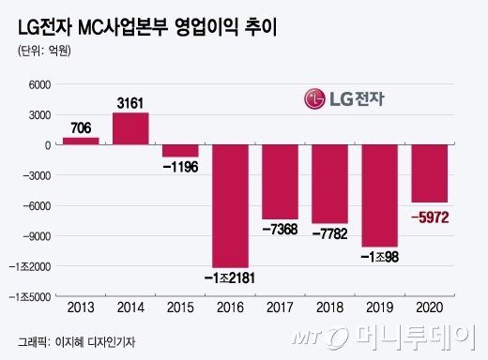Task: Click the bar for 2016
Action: click(x=230, y=205)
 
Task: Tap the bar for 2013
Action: click(x=81, y=141)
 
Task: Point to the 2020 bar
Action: click(x=429, y=173)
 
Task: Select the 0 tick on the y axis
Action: click(x=44, y=145)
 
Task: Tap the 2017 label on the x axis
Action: click(x=280, y=308)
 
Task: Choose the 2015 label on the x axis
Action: click(x=180, y=308)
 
